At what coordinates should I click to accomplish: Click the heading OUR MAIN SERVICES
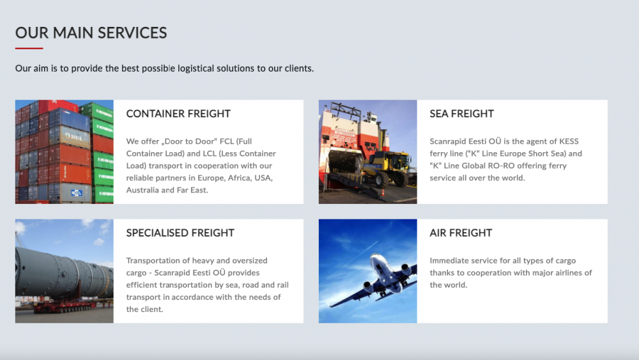coord(91,33)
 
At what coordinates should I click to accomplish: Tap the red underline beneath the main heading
coord(29,48)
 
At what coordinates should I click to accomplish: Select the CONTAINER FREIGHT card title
coord(178,114)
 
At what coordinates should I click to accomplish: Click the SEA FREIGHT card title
coord(462,114)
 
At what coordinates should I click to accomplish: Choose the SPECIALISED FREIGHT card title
coord(180,233)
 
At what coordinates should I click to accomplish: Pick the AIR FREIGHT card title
coord(461,233)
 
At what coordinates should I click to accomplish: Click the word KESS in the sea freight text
coord(569,141)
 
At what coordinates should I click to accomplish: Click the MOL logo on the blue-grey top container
coord(75,137)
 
